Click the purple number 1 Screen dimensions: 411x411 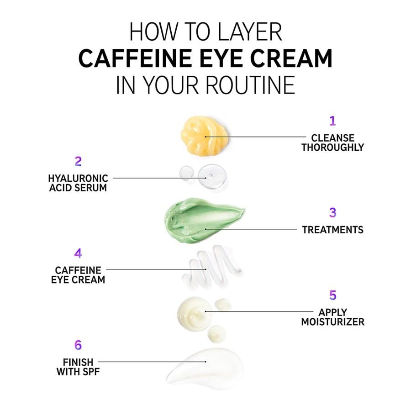[332, 121]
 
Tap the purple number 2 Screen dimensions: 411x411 [78, 162]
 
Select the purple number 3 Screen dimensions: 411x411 [332, 212]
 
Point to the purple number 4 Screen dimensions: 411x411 [78, 253]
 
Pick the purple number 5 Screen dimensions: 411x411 [332, 295]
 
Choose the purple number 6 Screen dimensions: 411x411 [78, 345]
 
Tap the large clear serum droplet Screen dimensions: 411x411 [212, 176]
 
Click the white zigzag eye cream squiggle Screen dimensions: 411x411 [212, 267]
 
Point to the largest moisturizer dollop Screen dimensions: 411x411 [194, 314]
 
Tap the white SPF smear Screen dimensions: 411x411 [205, 368]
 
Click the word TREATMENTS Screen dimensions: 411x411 [332, 230]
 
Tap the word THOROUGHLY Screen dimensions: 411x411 [332, 148]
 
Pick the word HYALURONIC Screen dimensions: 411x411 [78, 179]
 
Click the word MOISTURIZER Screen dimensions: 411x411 [332, 322]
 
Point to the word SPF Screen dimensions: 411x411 [91, 372]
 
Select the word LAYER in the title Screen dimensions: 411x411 [249, 32]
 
